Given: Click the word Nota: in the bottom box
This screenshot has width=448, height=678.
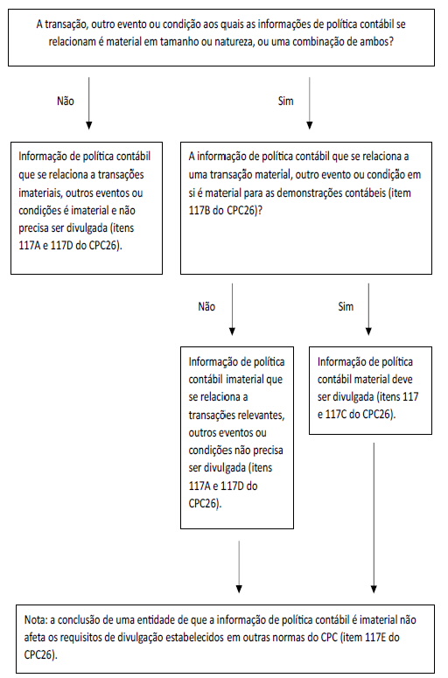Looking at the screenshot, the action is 36,619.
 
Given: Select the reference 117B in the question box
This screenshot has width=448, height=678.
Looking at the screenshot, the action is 199,211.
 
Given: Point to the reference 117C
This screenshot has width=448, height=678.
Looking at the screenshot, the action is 336,415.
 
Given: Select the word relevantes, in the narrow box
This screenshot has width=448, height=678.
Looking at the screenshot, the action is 261,415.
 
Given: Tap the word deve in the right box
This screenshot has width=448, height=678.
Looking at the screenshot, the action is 402,379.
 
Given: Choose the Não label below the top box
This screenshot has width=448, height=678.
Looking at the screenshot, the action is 66,101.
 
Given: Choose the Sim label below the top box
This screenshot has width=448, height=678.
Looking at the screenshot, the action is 285,101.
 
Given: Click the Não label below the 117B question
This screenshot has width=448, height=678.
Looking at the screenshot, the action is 206,306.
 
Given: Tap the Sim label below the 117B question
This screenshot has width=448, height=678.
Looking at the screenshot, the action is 346,306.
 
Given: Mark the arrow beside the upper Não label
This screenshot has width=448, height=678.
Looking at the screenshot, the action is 88,103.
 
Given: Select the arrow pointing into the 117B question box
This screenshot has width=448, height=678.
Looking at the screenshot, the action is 309,103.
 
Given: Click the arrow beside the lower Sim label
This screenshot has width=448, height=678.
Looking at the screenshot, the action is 368,309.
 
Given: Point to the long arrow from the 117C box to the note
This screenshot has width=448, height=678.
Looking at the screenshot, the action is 374,518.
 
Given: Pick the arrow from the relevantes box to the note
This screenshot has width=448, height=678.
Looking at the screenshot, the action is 239,566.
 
